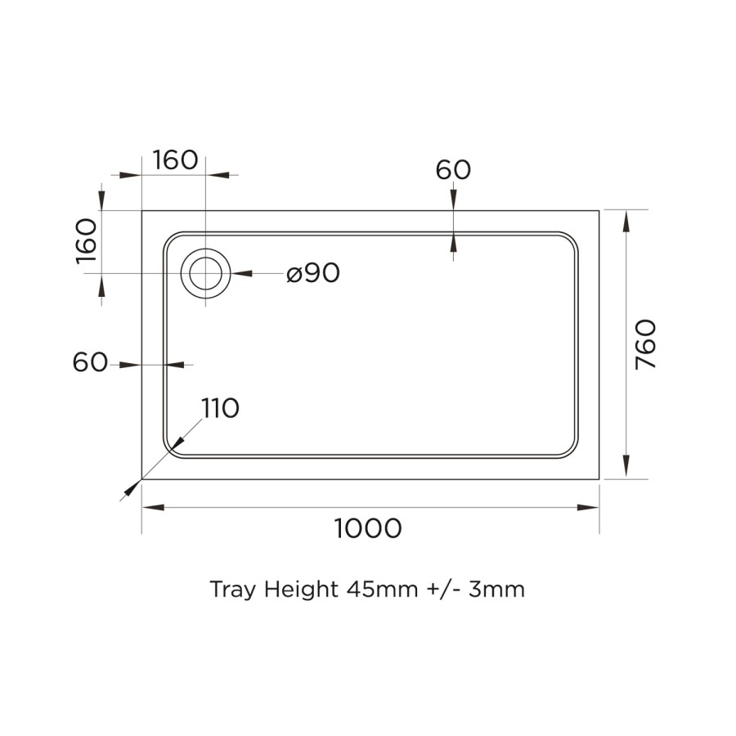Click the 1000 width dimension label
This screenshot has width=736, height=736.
point(368,529)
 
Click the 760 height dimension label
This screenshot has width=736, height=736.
point(646,343)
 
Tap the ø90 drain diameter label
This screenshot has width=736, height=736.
point(313,274)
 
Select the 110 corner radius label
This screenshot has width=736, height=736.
point(220,408)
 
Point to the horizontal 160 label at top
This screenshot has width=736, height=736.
point(175,160)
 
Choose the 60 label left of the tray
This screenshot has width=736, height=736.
point(90,362)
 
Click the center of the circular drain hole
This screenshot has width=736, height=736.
point(206,273)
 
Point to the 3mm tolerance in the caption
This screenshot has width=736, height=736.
point(497,590)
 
